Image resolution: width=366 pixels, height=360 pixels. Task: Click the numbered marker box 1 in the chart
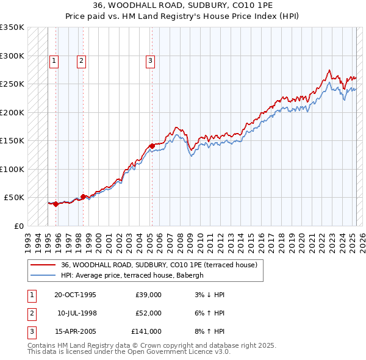click(x=54, y=60)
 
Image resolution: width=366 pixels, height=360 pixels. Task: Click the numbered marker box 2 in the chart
click(x=81, y=60)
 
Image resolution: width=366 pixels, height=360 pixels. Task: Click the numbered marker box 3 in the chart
click(x=150, y=60)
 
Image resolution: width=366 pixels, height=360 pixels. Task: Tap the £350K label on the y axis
click(x=12, y=27)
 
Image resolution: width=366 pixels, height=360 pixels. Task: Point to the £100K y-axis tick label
click(x=12, y=169)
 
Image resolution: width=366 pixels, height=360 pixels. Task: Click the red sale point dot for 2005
click(x=152, y=146)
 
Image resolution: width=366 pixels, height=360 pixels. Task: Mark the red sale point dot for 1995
click(x=56, y=204)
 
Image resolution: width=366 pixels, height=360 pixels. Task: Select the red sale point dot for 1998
click(x=83, y=196)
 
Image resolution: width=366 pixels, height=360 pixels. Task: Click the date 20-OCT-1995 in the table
click(x=75, y=295)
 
